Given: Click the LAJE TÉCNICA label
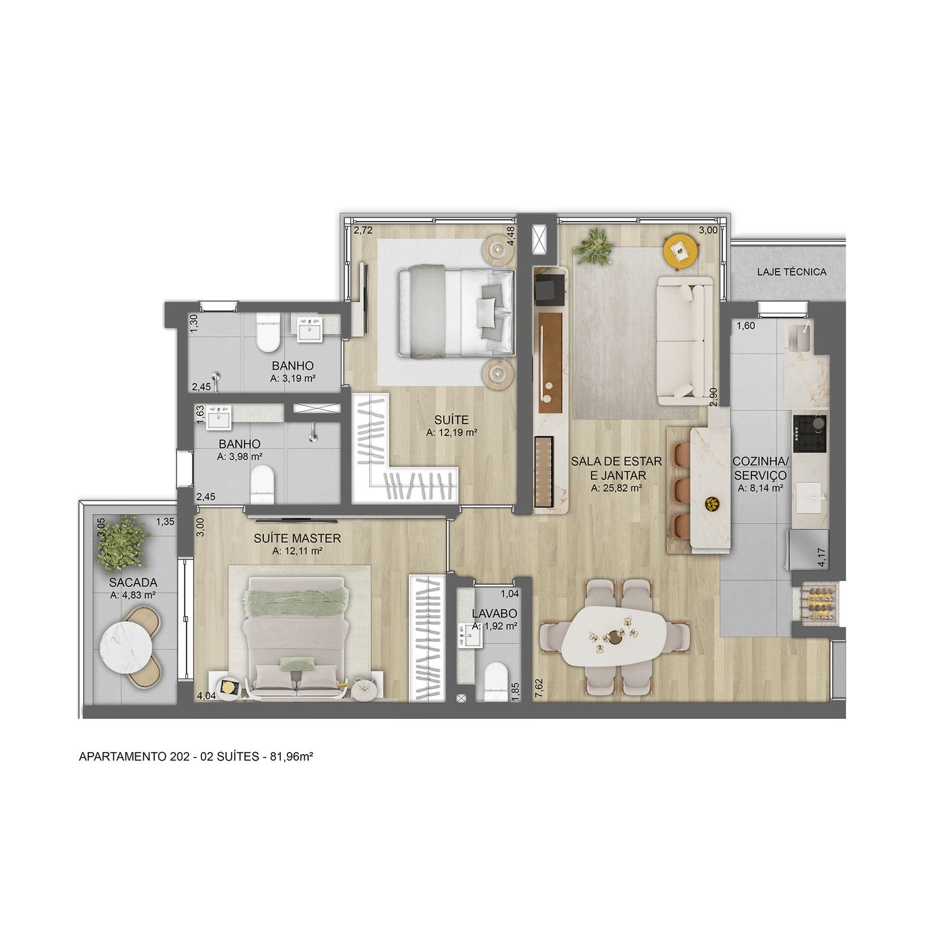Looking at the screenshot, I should [791, 272].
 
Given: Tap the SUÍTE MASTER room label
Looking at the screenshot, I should [297, 538].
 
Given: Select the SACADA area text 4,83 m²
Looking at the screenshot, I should [133, 595].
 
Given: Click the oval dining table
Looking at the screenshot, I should [614, 636].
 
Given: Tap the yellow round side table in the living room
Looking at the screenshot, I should [681, 250].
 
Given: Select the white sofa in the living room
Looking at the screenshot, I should [684, 341].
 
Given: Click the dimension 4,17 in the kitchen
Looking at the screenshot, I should [822, 558].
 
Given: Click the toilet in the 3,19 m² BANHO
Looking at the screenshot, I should [267, 332].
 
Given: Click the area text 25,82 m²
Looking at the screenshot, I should [616, 488].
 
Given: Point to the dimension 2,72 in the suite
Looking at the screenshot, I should [363, 230].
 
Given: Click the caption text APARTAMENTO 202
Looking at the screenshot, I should [123, 757].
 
